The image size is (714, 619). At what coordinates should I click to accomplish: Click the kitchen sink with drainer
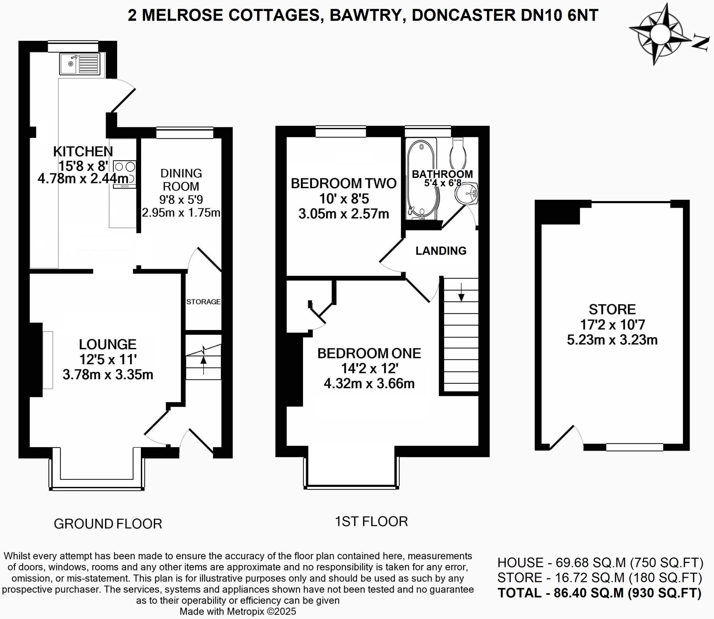pyautogui.click(x=80, y=64)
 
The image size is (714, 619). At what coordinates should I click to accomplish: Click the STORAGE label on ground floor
pyautogui.click(x=203, y=302)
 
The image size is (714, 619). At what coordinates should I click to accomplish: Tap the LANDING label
pyautogui.click(x=441, y=251)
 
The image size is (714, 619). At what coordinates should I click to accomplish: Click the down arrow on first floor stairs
pyautogui.click(x=461, y=293)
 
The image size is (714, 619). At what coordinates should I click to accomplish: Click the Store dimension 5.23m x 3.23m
pyautogui.click(x=612, y=340)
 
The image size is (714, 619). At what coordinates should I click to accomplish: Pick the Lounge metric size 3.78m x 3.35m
pyautogui.click(x=108, y=375)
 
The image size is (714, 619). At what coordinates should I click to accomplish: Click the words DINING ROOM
pyautogui.click(x=181, y=180)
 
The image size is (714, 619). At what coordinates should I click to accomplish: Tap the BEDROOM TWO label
pyautogui.click(x=343, y=183)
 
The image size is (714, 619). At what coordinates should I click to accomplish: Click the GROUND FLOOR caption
pyautogui.click(x=108, y=524)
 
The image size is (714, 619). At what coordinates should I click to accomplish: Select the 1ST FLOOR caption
pyautogui.click(x=371, y=522)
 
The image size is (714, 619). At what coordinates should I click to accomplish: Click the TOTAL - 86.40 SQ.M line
pyautogui.click(x=599, y=593)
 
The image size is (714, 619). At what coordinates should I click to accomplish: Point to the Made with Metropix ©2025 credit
pyautogui.click(x=237, y=611)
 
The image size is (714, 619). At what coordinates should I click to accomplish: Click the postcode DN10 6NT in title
pyautogui.click(x=559, y=15)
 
